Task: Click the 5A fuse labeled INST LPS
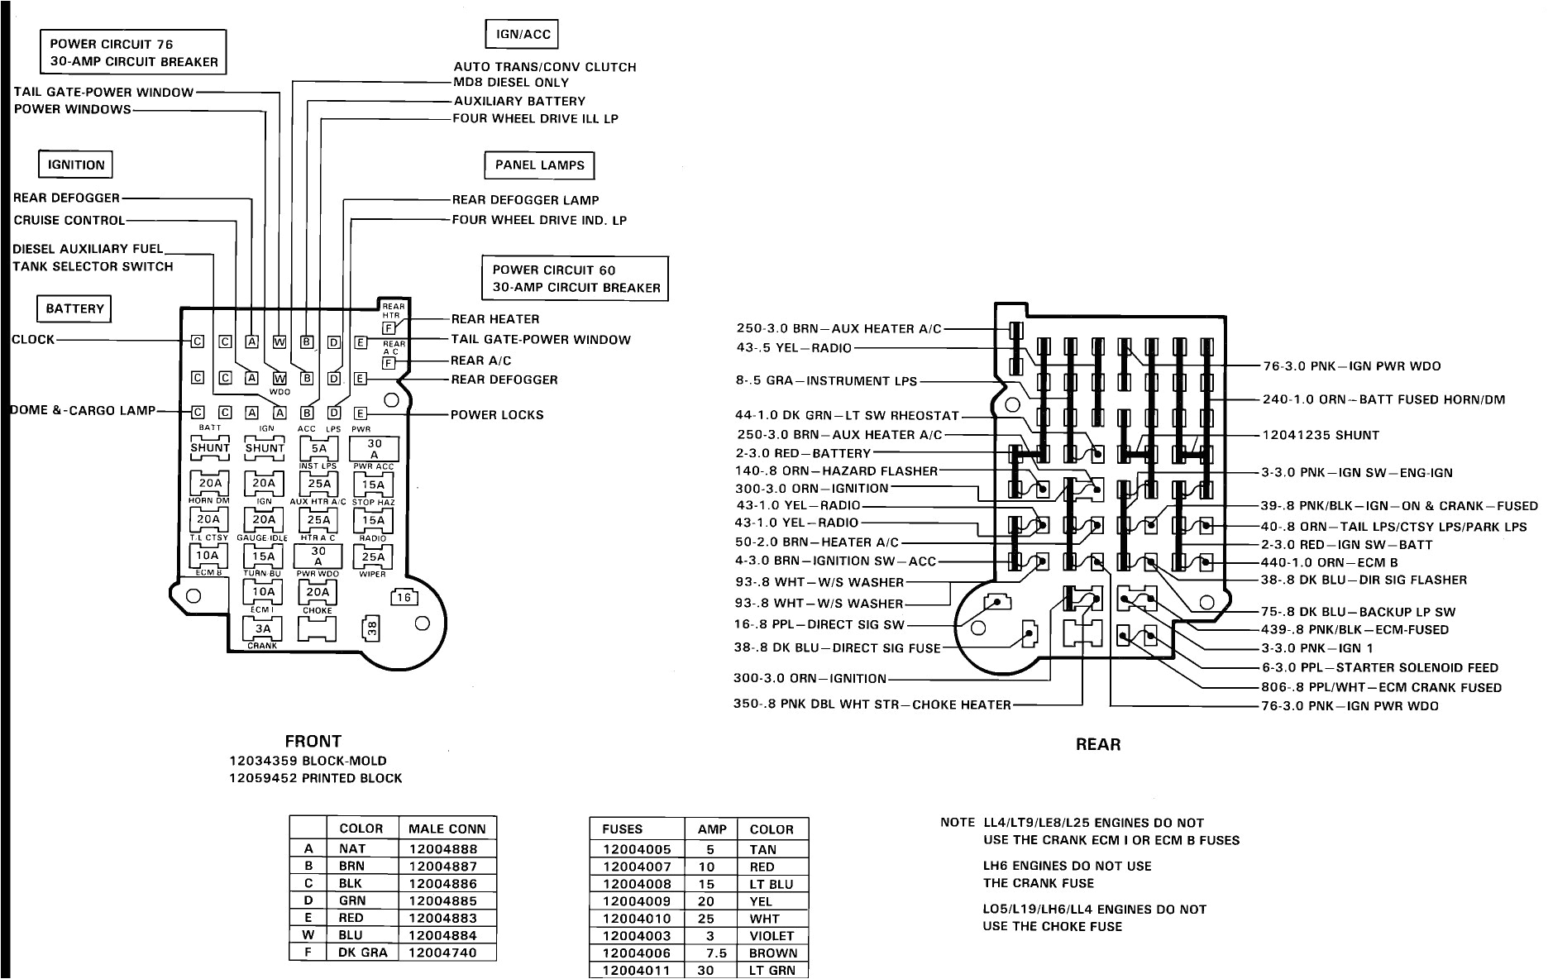(x=318, y=449)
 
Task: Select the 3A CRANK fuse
(x=262, y=629)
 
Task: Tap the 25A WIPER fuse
(x=373, y=556)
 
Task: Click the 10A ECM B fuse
(x=208, y=556)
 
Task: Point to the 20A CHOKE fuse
(x=318, y=592)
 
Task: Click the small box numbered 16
(x=403, y=597)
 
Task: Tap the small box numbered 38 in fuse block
(x=372, y=628)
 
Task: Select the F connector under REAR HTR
(x=387, y=328)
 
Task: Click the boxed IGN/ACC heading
(x=518, y=35)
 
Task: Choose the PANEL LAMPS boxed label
(x=539, y=165)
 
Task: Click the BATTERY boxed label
(x=74, y=308)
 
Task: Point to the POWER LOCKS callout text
(x=497, y=414)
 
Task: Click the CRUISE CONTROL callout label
(x=69, y=220)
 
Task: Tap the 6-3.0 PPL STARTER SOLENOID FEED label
(x=1379, y=667)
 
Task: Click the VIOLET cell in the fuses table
(x=772, y=935)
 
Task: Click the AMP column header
(x=711, y=829)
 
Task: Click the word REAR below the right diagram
(x=1097, y=744)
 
